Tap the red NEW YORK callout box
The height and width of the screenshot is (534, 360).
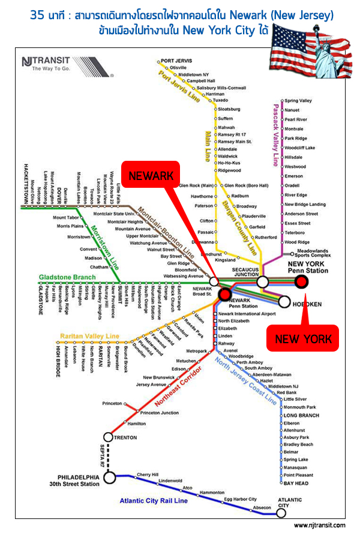pos(303,339)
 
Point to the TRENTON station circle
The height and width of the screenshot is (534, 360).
pos(109,437)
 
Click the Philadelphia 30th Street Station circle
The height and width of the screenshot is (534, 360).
pos(109,477)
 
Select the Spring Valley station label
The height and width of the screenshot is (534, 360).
pos(298,101)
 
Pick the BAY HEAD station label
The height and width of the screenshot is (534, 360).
pos(296,483)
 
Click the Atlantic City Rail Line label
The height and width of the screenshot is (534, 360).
pos(154,500)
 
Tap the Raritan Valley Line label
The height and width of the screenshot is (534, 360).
pos(89,336)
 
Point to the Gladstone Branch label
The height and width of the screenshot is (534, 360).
pos(67,277)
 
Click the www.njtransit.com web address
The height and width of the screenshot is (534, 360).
pos(319,525)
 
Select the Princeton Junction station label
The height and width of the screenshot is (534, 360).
pos(159,413)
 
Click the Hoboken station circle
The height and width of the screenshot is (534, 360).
pos(284,301)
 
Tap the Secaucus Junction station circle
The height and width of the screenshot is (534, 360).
pos(262,282)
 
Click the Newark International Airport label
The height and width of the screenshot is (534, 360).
pos(247,314)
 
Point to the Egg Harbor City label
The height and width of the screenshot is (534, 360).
pos(240,499)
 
